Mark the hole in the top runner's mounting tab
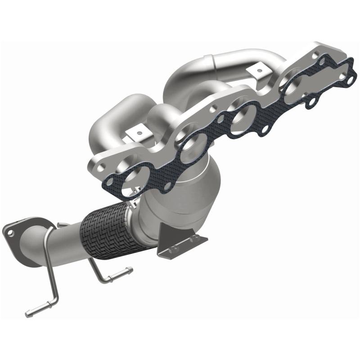point(257,70)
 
